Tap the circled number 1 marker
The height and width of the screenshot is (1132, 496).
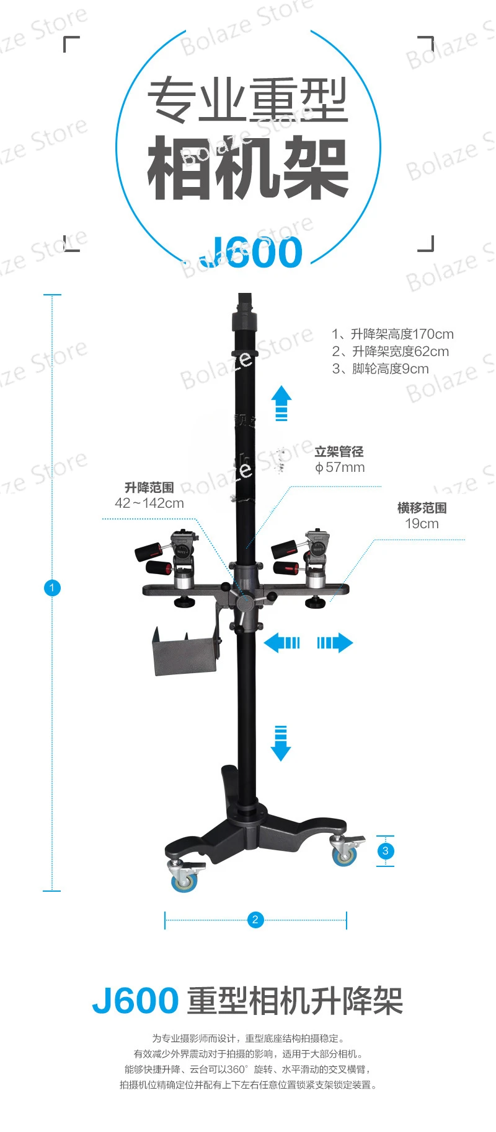(52, 588)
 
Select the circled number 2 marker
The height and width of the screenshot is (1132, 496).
(255, 920)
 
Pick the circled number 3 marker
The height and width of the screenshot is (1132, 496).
(386, 851)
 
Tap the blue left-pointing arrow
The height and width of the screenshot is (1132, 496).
(282, 643)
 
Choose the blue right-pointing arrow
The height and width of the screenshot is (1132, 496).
(335, 643)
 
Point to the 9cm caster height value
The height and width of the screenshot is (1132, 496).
(416, 369)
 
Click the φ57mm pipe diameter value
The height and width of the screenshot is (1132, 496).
(340, 468)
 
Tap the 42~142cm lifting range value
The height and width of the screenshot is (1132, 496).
(149, 503)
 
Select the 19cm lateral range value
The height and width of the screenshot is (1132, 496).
(422, 524)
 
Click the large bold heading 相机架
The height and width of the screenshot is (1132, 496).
(248, 167)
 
